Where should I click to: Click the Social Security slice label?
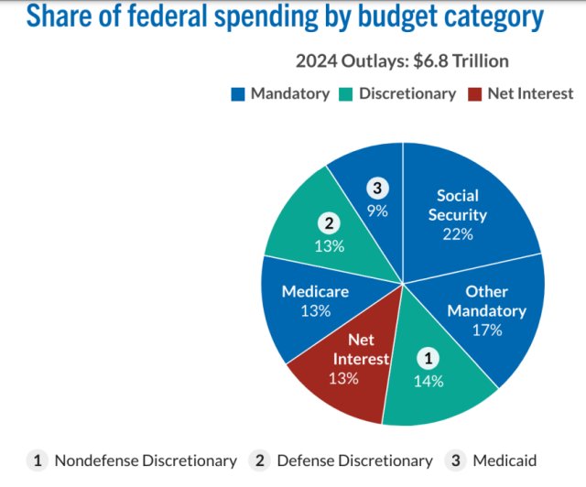[458, 205]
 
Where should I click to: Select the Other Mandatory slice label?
[487, 301]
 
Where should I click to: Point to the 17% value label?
[487, 330]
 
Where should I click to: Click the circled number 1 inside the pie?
[427, 358]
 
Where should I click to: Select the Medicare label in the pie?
[316, 292]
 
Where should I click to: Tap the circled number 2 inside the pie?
[327, 222]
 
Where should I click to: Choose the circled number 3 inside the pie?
[378, 189]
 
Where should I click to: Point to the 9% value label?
[378, 211]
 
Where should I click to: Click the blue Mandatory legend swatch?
[239, 93]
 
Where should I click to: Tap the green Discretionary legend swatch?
[347, 93]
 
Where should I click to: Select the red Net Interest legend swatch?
[473, 93]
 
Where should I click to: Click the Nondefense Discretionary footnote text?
[146, 460]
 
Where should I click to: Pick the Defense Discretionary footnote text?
[354, 460]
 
